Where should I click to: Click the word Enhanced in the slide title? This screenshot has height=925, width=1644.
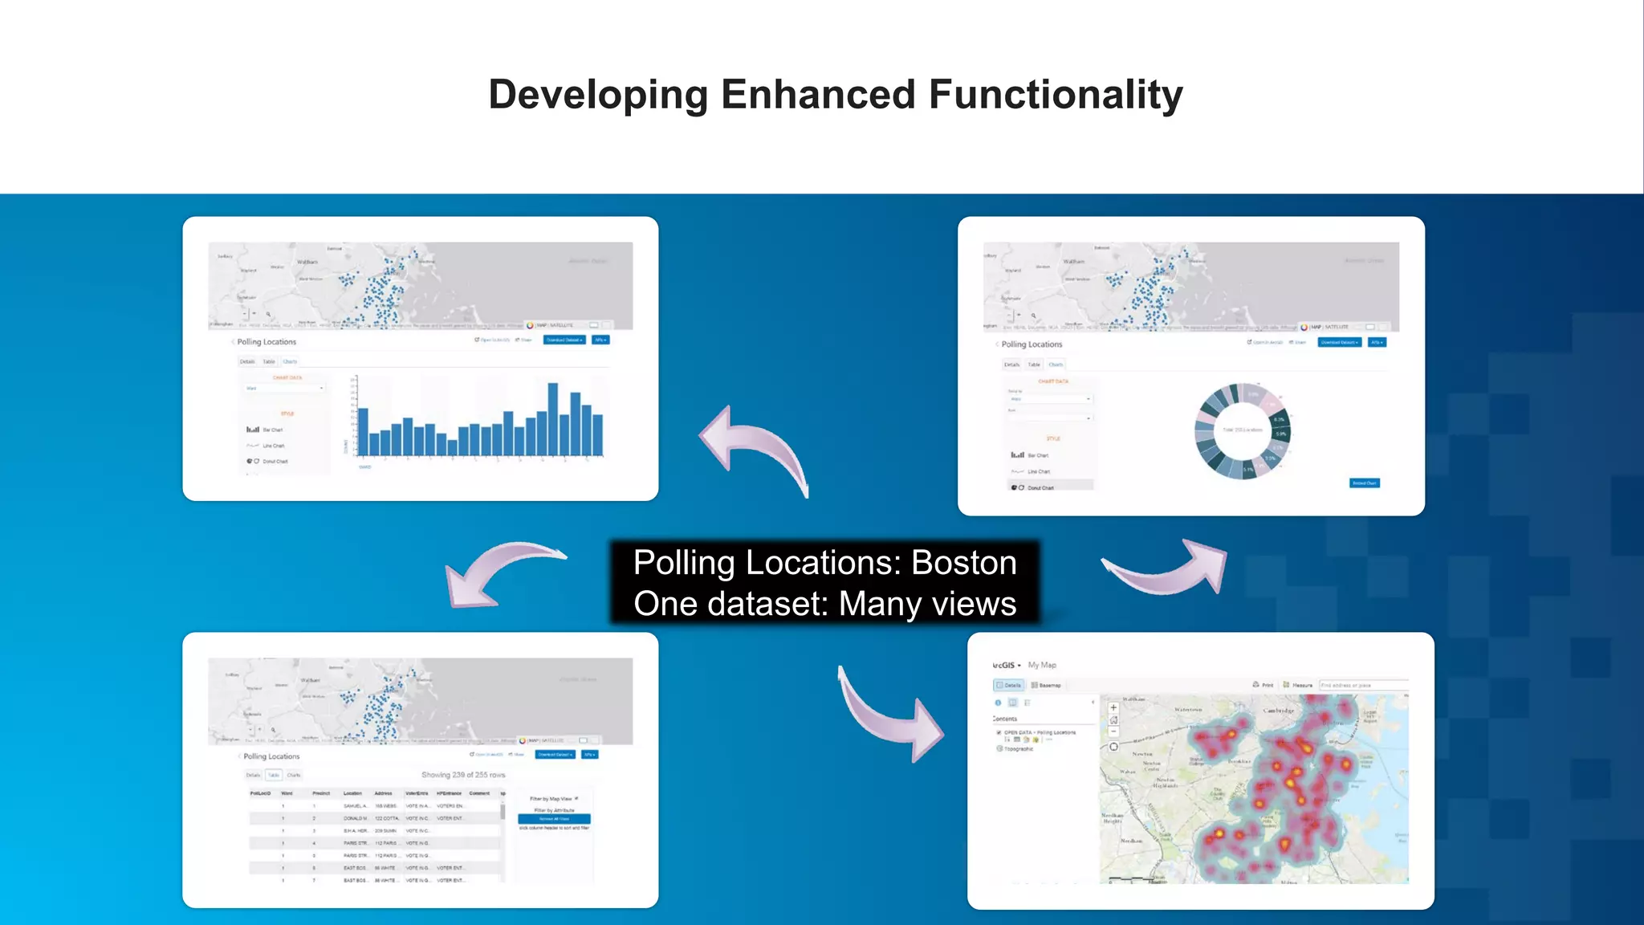pyautogui.click(x=818, y=94)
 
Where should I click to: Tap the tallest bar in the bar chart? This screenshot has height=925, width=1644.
pyautogui.click(x=552, y=419)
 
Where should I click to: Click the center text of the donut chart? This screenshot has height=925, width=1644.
pyautogui.click(x=1242, y=430)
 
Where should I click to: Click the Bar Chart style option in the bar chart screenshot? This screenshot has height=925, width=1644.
pyautogui.click(x=271, y=430)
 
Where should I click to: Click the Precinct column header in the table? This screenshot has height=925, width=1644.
pyautogui.click(x=321, y=793)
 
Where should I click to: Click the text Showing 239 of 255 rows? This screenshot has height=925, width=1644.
pyautogui.click(x=463, y=775)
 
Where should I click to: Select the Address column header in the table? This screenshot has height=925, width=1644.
pyautogui.click(x=383, y=793)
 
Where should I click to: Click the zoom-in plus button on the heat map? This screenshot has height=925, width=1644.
pyautogui.click(x=1113, y=708)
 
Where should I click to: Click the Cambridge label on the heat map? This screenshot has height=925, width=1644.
pyautogui.click(x=1278, y=711)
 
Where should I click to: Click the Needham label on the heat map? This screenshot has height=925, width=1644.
pyautogui.click(x=1131, y=841)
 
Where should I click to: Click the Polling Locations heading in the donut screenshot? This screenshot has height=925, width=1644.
pyautogui.click(x=1032, y=344)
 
